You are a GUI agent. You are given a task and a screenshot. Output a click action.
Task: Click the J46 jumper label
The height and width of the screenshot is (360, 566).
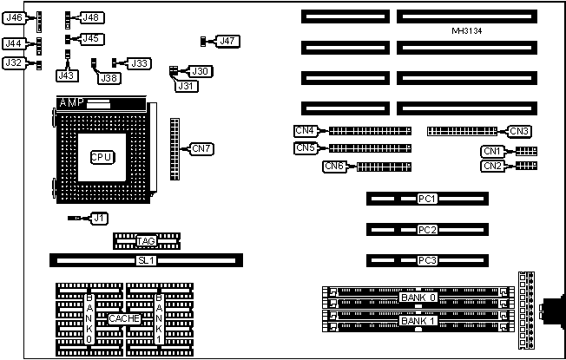14,17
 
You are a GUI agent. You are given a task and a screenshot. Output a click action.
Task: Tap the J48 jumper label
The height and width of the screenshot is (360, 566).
90,17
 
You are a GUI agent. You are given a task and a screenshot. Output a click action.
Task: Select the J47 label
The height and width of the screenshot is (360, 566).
227,41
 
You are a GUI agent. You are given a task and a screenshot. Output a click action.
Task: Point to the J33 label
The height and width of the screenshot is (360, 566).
139,63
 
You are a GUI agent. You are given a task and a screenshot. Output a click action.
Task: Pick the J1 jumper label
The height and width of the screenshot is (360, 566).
100,218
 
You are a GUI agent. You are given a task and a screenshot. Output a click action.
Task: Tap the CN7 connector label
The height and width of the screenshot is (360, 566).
201,148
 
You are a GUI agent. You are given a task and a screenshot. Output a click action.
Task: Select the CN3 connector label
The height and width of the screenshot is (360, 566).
520,132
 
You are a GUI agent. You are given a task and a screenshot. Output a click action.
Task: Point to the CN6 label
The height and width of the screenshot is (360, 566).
334,166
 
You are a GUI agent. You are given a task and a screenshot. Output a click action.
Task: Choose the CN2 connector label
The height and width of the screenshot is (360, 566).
492,166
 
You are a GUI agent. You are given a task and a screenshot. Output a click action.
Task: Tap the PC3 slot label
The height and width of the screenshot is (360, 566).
426,260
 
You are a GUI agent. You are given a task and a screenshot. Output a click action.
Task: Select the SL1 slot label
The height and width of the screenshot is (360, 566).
146,260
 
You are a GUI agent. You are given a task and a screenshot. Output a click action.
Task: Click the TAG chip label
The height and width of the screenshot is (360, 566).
146,240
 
